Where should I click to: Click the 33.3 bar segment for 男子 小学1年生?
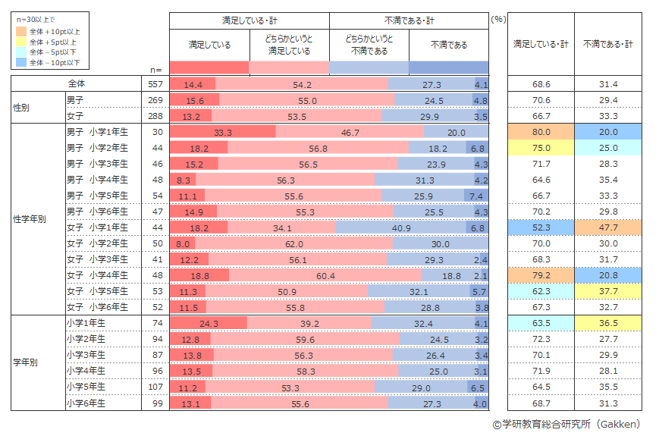coord(222,132)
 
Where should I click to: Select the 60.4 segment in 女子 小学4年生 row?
coord(325,275)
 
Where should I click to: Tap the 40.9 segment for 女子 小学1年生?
coord(401,227)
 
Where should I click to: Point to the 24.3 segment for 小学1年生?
coord(209,323)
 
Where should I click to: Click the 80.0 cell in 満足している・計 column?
coord(541,132)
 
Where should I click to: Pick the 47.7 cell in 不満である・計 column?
coord(609,227)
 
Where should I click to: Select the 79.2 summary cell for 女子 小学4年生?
coord(541,275)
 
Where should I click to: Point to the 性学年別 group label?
coord(30,219)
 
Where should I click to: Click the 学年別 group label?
coord(26,362)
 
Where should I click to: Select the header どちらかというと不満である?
coord(369,45)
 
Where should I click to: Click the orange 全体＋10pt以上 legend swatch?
coord(21,32)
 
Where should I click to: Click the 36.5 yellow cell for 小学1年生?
coord(609,323)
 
